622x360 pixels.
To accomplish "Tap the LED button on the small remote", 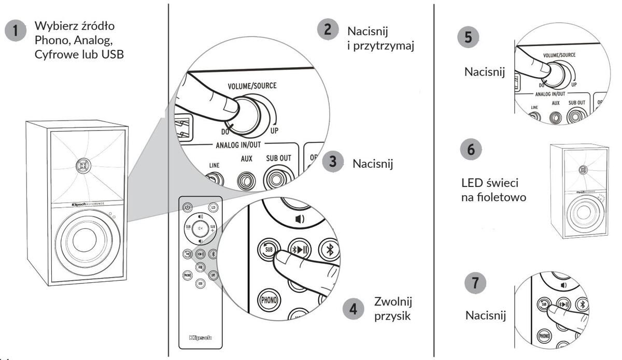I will tap(213, 207).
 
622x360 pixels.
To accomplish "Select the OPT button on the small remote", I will tap(213, 275).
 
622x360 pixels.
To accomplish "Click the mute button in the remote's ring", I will tap(200, 228).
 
